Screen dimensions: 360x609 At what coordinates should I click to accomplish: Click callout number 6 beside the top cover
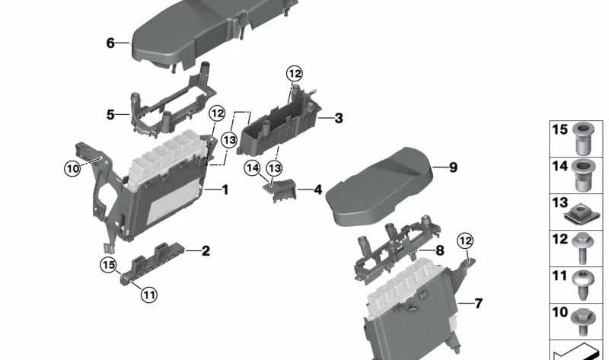[x=110, y=43]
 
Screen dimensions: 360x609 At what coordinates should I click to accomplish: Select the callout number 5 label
[x=110, y=115]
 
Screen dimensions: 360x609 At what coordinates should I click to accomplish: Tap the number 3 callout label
[x=338, y=118]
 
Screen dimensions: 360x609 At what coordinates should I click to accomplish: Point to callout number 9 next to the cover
[x=453, y=167]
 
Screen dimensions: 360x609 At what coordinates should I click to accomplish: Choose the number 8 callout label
[x=439, y=250]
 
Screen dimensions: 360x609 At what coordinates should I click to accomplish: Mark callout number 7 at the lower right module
[x=478, y=304]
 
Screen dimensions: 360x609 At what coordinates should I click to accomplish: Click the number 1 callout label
[x=225, y=189]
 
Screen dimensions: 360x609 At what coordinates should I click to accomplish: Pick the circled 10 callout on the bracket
[x=72, y=169]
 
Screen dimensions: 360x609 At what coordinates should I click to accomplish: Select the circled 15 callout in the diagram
[x=109, y=265]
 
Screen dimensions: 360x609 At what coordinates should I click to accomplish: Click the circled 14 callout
[x=252, y=167]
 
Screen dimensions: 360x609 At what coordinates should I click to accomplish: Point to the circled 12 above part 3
[x=294, y=74]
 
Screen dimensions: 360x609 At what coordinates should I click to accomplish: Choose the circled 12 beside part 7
[x=464, y=241]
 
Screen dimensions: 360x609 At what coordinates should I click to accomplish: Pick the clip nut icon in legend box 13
[x=581, y=210]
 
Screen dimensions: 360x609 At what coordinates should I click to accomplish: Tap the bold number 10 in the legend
[x=560, y=313]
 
